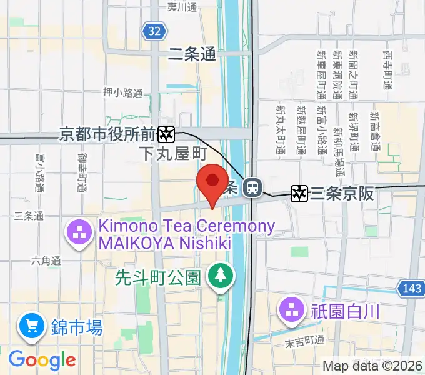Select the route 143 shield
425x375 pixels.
pyautogui.click(x=410, y=287)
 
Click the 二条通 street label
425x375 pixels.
pyautogui.click(x=192, y=55)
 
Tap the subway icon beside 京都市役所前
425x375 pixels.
pyautogui.click(x=166, y=134)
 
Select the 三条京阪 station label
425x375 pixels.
pyautogui.click(x=342, y=194)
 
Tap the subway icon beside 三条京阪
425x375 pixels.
pyautogui.click(x=299, y=194)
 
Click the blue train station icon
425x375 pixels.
pyautogui.click(x=252, y=186)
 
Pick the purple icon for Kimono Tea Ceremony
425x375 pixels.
pyautogui.click(x=79, y=234)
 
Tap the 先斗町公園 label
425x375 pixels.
pyautogui.click(x=157, y=277)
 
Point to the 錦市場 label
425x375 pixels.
pyautogui.click(x=77, y=327)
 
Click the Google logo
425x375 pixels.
pyautogui.click(x=42, y=359)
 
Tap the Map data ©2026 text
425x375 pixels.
pyautogui.click(x=371, y=366)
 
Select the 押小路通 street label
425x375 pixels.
pyautogui.click(x=123, y=92)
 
